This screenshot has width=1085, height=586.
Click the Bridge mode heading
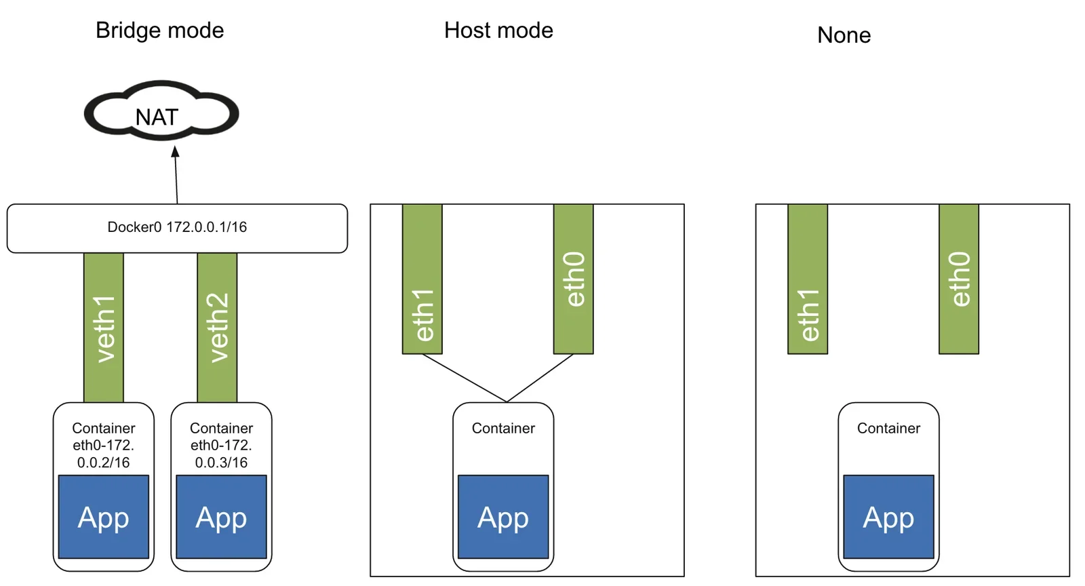tap(159, 31)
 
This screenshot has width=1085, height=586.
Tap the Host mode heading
tap(498, 31)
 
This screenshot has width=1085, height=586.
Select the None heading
tap(844, 35)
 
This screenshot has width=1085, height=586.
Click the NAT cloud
tap(161, 111)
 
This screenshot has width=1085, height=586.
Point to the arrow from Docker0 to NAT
tap(176, 175)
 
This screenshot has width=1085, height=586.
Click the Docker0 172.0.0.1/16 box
tap(177, 228)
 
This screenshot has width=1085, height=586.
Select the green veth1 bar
tap(104, 328)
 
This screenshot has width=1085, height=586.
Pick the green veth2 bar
tap(217, 328)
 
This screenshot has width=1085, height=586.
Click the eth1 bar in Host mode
tap(422, 279)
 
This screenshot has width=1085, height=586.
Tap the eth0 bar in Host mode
tap(574, 279)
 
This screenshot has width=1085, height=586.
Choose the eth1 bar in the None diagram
tap(808, 279)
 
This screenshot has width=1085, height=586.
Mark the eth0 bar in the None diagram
tap(959, 279)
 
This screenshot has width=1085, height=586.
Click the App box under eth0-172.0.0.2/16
tap(104, 517)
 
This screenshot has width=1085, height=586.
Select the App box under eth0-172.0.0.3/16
tap(221, 517)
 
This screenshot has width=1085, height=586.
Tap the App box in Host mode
tap(503, 517)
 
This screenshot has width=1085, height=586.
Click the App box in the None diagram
tap(889, 517)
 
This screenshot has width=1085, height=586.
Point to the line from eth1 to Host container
tap(465, 378)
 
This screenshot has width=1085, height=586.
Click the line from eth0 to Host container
tap(540, 378)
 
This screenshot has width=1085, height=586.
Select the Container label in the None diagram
tap(889, 428)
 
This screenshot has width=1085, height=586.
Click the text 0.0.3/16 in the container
tap(221, 463)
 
